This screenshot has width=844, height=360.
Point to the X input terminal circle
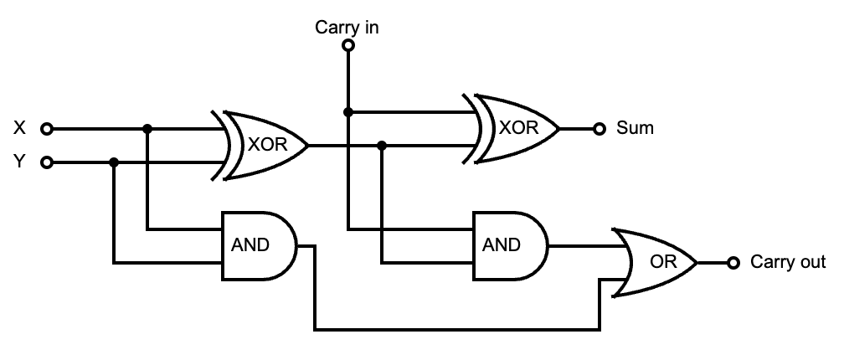click(48, 129)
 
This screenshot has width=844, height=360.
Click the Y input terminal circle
click(48, 162)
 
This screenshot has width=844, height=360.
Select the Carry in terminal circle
click(348, 46)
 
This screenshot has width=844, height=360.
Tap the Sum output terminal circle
click(599, 129)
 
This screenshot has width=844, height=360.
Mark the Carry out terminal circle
click(733, 263)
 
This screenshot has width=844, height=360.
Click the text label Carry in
click(347, 27)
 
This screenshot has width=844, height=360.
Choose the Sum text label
click(635, 129)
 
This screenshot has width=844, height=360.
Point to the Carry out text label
click(788, 263)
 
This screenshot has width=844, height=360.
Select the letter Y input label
click(20, 162)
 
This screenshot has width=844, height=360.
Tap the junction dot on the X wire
click(147, 129)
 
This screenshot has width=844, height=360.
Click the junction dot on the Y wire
click(114, 162)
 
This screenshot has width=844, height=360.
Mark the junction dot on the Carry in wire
click(348, 112)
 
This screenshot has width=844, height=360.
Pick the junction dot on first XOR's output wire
click(382, 146)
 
